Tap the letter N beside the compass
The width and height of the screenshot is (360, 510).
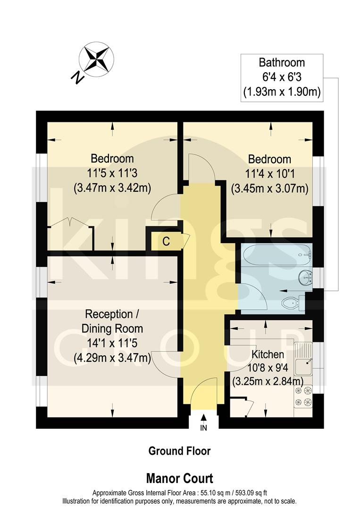[x=77, y=77]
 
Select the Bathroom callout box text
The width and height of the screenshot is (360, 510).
[x=281, y=77]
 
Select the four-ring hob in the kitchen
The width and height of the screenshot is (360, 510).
[x=303, y=396]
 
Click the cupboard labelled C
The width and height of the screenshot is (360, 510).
[x=166, y=241]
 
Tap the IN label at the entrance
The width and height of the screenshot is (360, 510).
[x=204, y=428]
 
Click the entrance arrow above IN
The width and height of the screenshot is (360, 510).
[x=204, y=417]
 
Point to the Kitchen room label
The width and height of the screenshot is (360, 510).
[x=268, y=354]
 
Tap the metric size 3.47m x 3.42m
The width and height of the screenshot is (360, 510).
[x=112, y=188]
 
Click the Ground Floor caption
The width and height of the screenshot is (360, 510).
[x=179, y=451]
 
